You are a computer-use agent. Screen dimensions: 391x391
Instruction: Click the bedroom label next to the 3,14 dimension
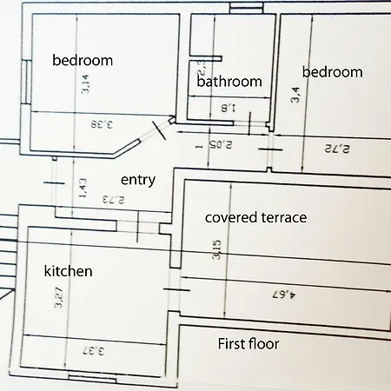point(83,61)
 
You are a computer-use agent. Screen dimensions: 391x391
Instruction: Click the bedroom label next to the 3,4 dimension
point(331,72)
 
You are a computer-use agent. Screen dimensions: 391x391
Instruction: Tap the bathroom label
point(229,82)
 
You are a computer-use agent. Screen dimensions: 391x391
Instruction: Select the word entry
point(137,180)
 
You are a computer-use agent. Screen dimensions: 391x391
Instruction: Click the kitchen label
point(68,272)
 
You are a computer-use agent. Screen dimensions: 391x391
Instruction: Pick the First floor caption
point(248,344)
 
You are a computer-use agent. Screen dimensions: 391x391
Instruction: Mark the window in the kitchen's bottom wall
point(91,379)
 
